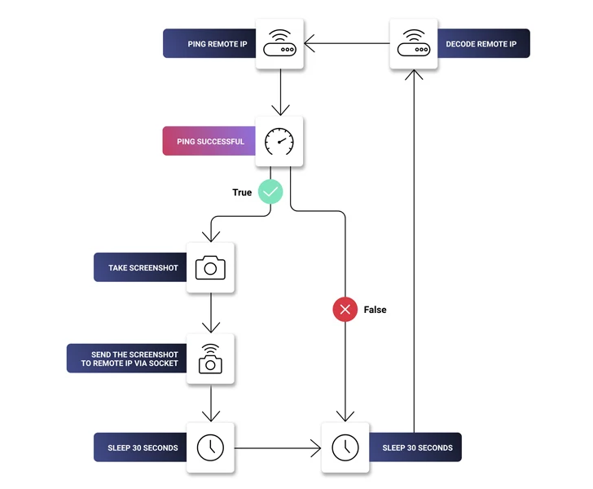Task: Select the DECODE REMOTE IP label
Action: (x=481, y=43)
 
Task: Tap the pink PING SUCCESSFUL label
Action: (x=210, y=141)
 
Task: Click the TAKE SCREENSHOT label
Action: (x=143, y=267)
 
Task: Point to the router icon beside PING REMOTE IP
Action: (x=279, y=43)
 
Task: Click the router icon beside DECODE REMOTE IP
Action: (x=414, y=43)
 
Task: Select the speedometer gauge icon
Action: (x=279, y=141)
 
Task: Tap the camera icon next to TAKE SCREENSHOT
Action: (x=210, y=267)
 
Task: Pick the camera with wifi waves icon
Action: (x=210, y=359)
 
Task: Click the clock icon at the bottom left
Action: (x=210, y=447)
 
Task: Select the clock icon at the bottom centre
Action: (x=345, y=447)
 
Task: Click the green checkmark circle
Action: (x=270, y=192)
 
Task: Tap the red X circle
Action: (x=345, y=310)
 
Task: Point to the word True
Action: (x=242, y=192)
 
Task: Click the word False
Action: (x=376, y=310)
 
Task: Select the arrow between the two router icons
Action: (x=347, y=43)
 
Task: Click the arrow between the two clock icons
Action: (x=277, y=447)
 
